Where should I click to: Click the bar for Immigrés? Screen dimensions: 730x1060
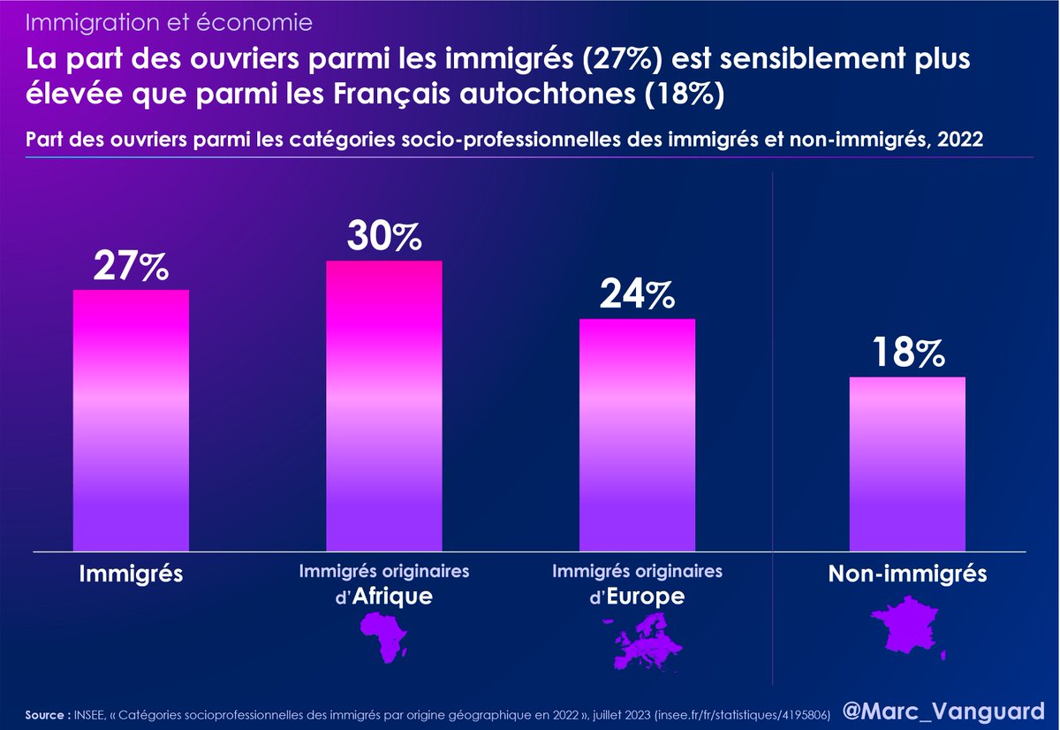tap(131, 420)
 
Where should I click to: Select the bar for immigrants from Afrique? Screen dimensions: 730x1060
tap(384, 407)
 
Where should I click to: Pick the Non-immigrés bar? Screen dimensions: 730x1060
tap(907, 464)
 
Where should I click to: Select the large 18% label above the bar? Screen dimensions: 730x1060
tap(907, 354)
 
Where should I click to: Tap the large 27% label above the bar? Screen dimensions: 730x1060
tap(131, 267)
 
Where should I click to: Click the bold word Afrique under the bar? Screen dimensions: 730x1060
tap(393, 597)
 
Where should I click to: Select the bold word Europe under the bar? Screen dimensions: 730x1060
tap(647, 597)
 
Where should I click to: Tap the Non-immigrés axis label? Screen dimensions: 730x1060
tap(907, 574)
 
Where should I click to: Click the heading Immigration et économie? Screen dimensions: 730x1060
tap(168, 19)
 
